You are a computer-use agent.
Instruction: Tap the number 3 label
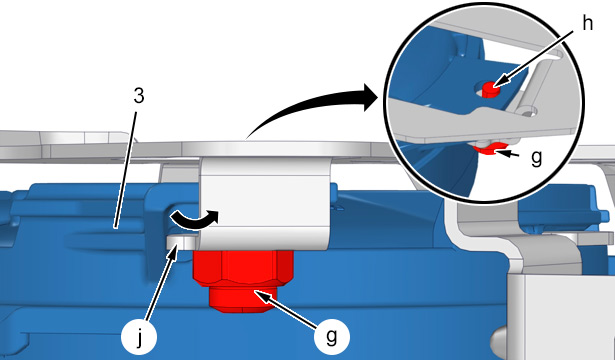point(139,96)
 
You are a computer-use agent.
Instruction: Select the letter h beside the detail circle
point(587,24)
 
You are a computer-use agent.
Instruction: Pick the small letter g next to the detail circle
point(536,158)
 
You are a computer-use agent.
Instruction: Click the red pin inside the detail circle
point(490,89)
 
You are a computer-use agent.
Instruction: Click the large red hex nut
point(243,267)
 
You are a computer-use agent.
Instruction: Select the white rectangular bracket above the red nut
point(265,202)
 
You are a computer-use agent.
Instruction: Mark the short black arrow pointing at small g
point(510,154)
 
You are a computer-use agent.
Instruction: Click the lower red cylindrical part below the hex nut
point(244,300)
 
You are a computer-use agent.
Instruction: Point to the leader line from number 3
point(126,169)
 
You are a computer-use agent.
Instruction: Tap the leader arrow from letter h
point(534,59)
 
